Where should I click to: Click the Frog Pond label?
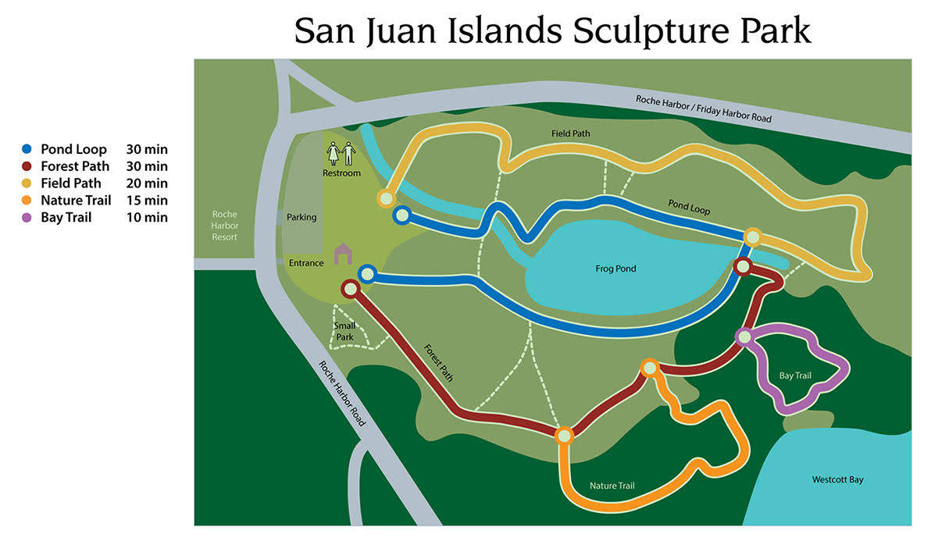(615, 269)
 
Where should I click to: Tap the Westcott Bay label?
(837, 479)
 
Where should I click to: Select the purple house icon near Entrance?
(343, 254)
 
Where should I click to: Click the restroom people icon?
(341, 153)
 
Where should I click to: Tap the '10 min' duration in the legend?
(147, 217)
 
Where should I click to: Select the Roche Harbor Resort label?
(224, 226)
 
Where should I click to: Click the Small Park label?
(345, 331)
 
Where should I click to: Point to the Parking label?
(301, 217)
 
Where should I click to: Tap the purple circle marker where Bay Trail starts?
(744, 337)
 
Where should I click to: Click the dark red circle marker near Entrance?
(351, 290)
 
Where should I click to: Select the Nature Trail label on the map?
(612, 486)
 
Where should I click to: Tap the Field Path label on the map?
(569, 133)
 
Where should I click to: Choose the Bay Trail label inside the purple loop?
(795, 375)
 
